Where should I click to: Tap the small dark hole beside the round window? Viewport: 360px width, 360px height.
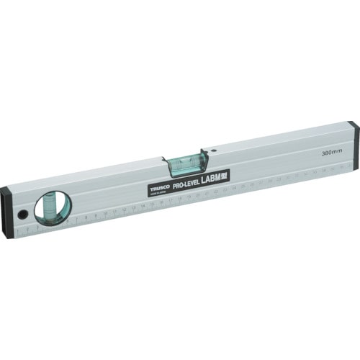click(22, 215)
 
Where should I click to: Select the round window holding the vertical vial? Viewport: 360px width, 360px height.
click(53, 208)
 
